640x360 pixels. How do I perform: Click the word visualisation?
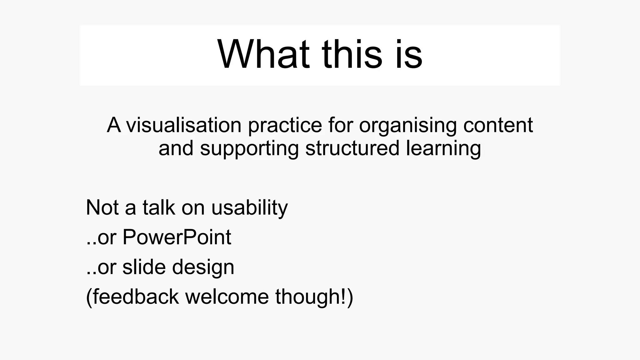coord(183,125)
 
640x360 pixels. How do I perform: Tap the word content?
coord(498,125)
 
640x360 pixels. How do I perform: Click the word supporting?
coord(249,149)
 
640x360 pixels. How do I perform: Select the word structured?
coord(352,148)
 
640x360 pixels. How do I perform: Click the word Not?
coord(102,207)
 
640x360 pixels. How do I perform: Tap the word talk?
coord(159,207)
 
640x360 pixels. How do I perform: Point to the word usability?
coord(249,208)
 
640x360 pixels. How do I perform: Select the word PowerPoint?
coord(177,237)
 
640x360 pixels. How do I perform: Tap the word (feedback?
coord(132,297)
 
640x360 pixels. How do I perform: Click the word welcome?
coord(227,297)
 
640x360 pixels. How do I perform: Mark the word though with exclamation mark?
coord(314,297)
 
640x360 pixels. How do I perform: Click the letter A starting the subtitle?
coord(114,125)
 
